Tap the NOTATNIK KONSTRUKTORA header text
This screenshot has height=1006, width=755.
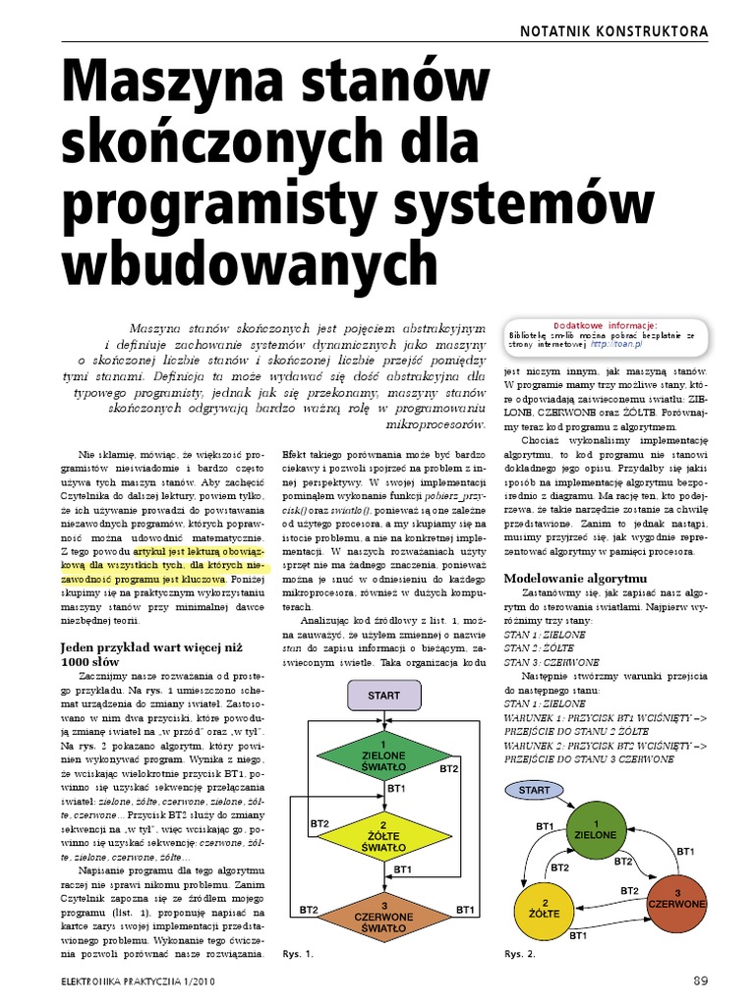tap(614, 31)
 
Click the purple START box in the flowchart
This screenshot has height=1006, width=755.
tap(383, 696)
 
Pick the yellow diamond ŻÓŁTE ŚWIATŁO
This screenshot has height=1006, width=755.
tap(383, 834)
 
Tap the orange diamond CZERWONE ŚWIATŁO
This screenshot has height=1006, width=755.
tap(383, 909)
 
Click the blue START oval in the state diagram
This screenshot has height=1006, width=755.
tap(534, 790)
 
